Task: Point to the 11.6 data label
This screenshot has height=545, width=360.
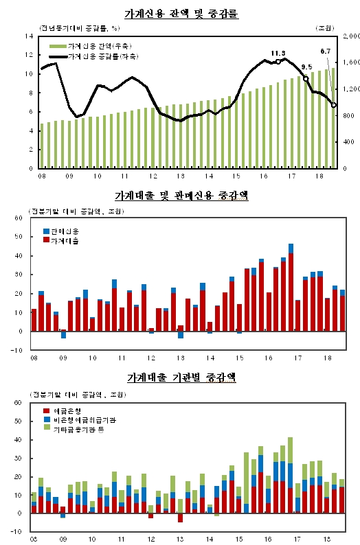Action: click(x=278, y=53)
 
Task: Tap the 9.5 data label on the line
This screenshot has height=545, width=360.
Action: click(x=306, y=67)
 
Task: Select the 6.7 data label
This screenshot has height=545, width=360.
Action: click(x=326, y=51)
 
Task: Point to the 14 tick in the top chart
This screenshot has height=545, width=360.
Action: click(x=29, y=35)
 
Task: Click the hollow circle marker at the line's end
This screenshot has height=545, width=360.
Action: click(x=334, y=105)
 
